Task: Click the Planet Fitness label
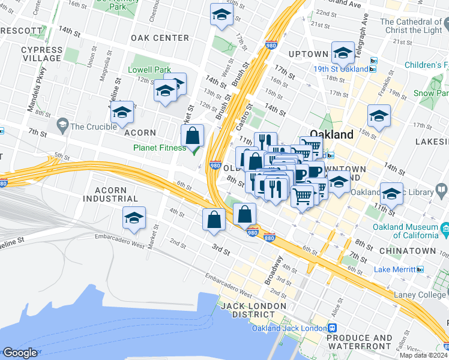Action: coord(160,148)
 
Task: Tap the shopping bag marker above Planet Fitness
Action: coord(193,136)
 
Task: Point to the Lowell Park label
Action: coord(149,70)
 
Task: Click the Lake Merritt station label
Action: coord(396,269)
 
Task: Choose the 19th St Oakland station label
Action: coord(340,68)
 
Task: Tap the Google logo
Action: coord(20,353)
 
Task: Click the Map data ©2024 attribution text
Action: coord(423,355)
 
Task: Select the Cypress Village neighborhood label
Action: coord(41,55)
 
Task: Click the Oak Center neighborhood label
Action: coord(160,38)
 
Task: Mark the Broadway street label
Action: coord(275,271)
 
